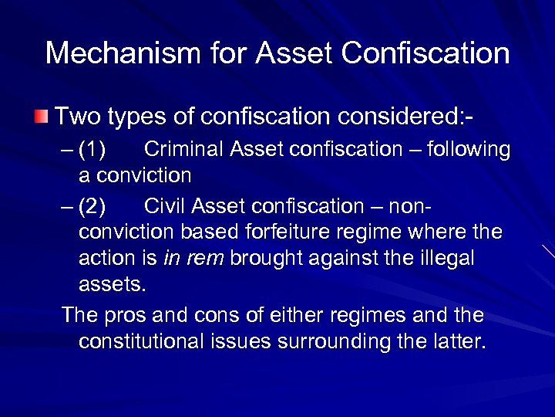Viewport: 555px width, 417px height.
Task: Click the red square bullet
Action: [x=40, y=118]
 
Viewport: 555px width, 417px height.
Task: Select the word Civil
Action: [x=166, y=206]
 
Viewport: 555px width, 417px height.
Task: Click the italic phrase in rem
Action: [x=192, y=259]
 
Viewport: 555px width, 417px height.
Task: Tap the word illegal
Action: [x=447, y=259]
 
